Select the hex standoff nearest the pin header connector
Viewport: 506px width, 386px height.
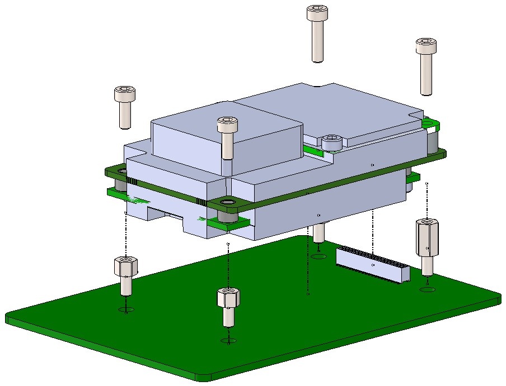(427, 246)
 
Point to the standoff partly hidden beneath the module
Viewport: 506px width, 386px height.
(318, 232)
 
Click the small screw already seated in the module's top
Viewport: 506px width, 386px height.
(332, 142)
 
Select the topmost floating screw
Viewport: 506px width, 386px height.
(317, 33)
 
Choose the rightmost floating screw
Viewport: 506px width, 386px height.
(425, 64)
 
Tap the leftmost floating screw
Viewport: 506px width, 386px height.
(124, 106)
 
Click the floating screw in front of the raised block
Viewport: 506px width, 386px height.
(227, 136)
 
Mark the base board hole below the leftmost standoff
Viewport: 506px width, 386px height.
(126, 310)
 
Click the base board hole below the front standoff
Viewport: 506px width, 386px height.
(228, 341)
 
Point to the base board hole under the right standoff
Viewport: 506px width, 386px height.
(427, 289)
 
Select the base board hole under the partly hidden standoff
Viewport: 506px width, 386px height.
(319, 257)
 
